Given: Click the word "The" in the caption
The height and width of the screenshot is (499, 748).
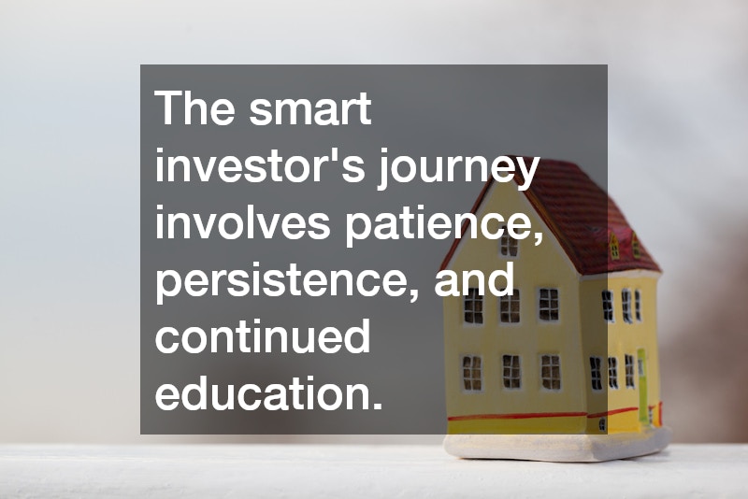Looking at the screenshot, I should (194, 110).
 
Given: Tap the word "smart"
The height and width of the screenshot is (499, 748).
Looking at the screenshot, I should (310, 110).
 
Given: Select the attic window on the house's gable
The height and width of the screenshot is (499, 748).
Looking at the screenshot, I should (509, 245).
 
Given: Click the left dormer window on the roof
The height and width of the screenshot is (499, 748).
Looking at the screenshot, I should (614, 246).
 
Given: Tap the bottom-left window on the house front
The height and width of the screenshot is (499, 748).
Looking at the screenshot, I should (472, 373).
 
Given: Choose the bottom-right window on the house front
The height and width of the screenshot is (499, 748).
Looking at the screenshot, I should (550, 371).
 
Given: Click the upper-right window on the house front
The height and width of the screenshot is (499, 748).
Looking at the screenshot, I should (548, 304).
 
